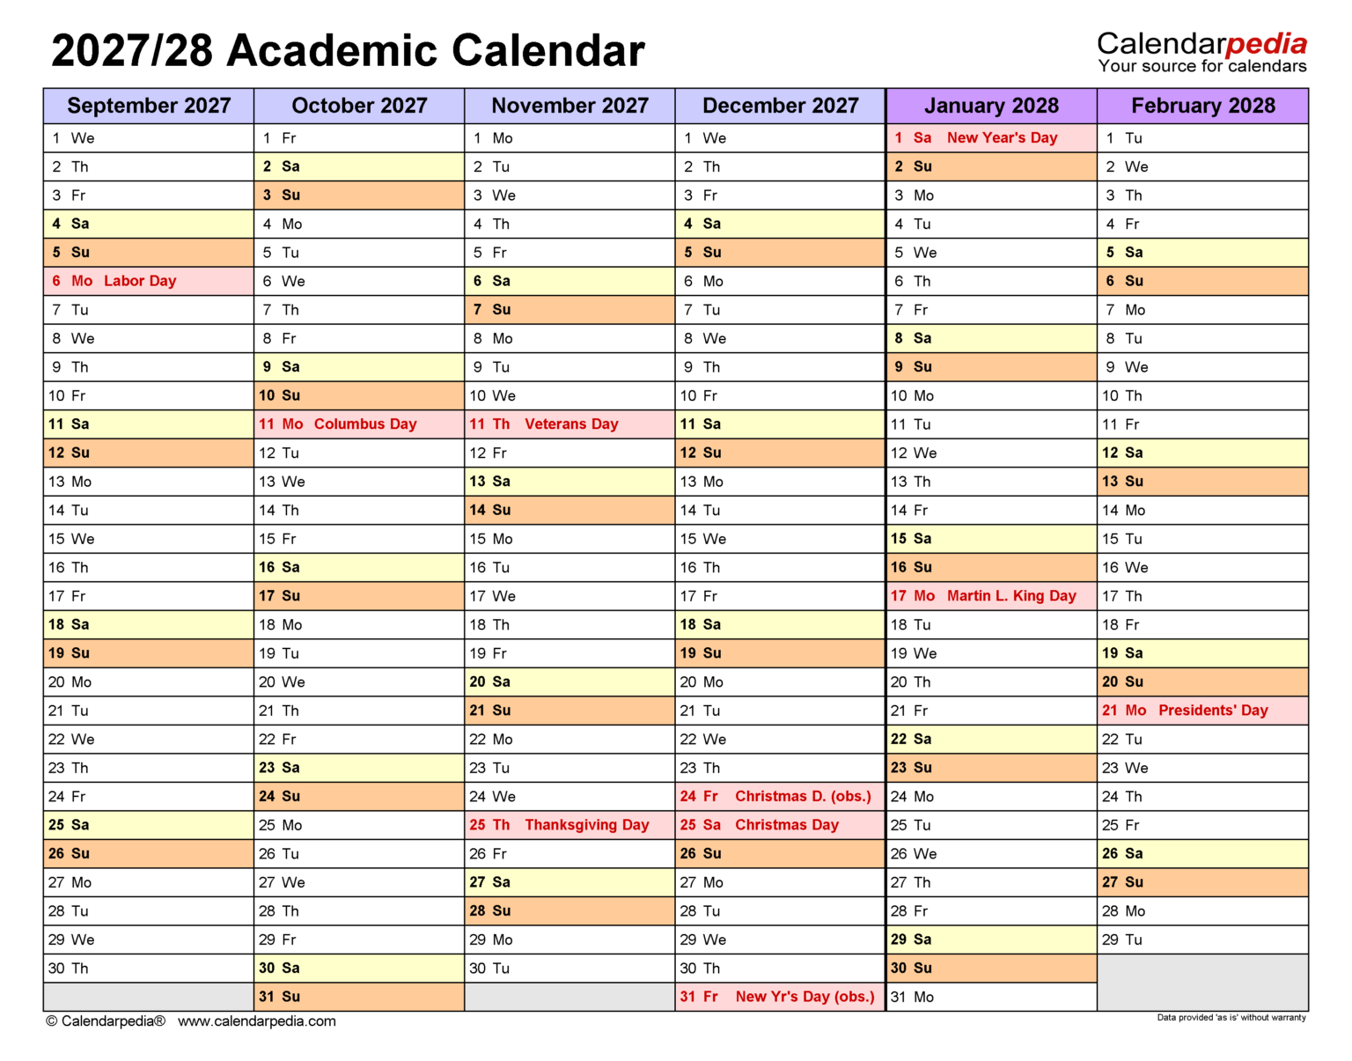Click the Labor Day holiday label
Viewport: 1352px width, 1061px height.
pos(140,281)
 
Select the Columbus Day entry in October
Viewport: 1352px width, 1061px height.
pos(364,424)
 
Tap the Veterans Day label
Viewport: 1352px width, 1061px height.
pos(571,424)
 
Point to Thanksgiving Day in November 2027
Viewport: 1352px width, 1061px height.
pos(586,825)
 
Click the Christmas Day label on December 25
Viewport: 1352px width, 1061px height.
pos(786,825)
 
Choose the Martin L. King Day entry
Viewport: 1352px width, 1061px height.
pos(1011,596)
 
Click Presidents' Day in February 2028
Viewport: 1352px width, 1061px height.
pos(1213,711)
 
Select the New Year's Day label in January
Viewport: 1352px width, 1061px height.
pos(1002,138)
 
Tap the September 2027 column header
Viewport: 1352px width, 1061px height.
pos(149,106)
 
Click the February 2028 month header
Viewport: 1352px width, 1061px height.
pos(1202,106)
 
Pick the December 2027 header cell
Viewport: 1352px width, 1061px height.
pos(780,106)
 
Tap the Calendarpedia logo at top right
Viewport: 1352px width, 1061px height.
pos(1201,52)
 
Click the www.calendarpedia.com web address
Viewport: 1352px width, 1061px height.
pos(256,1021)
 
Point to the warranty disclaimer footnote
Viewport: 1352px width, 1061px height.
pos(1231,1018)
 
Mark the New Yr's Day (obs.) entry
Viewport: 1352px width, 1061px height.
pos(805,997)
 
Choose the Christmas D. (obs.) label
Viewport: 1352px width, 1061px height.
pos(803,797)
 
